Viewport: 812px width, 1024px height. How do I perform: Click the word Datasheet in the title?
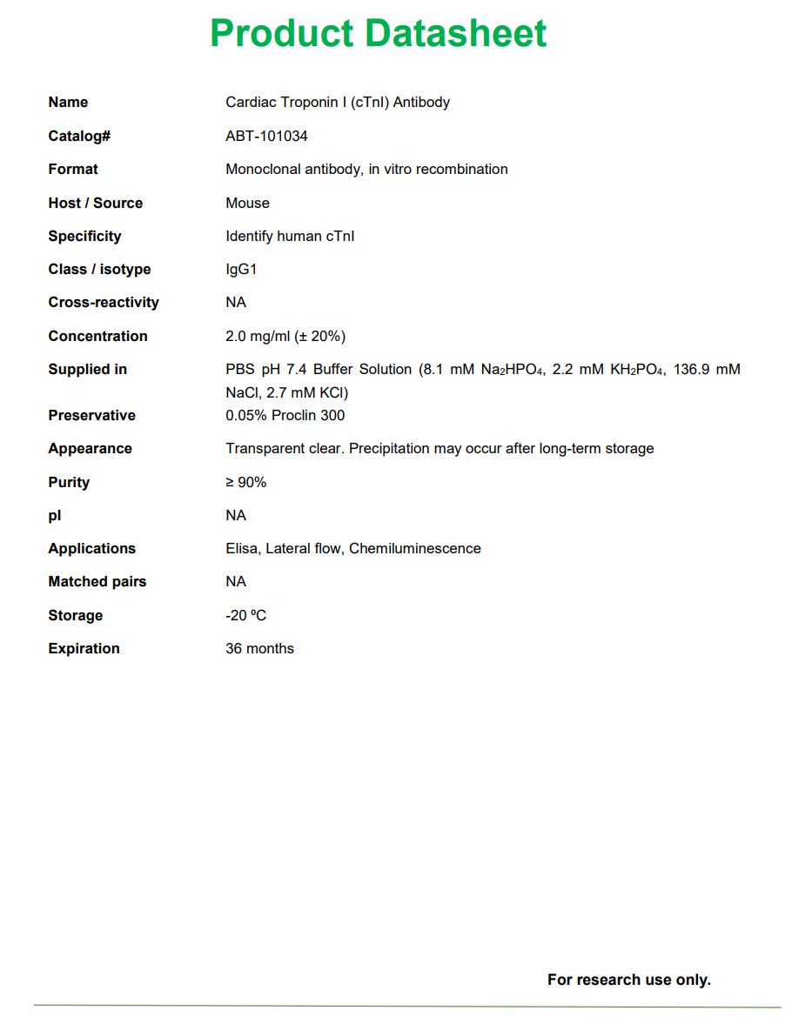456,34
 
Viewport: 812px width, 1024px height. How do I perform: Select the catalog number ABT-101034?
266,136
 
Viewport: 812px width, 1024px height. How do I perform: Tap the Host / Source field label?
95,203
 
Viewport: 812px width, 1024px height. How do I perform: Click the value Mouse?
247,203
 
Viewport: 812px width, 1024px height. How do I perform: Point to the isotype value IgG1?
241,269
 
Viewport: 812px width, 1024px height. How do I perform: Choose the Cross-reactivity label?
104,302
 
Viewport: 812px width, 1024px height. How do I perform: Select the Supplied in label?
87,369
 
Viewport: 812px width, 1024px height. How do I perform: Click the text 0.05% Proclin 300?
285,415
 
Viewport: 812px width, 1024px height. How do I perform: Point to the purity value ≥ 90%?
245,482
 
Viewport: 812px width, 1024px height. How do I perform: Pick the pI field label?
55,515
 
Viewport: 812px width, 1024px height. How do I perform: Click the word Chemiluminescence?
414,548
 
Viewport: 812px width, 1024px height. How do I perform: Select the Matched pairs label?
97,581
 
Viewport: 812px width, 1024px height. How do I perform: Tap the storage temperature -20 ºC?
245,615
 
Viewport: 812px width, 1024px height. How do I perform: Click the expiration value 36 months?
259,648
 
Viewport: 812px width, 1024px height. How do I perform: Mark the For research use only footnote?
628,980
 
